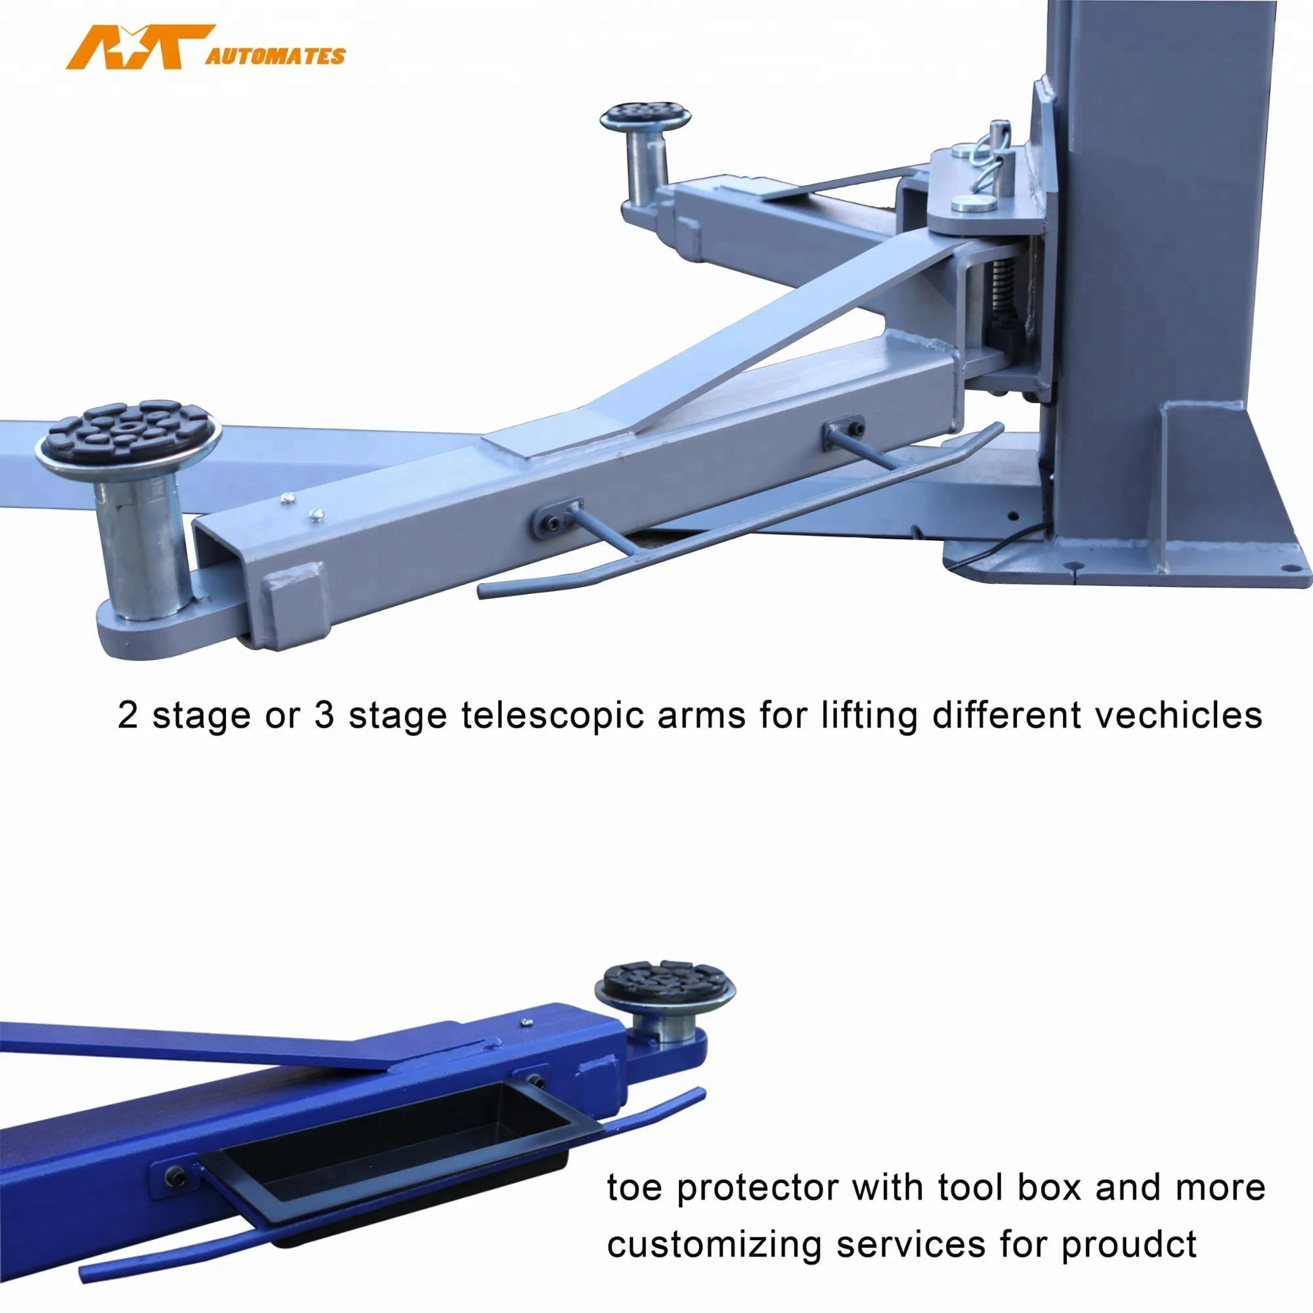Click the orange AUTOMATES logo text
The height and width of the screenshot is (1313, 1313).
275,56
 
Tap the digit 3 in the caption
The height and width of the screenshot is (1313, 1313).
325,716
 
